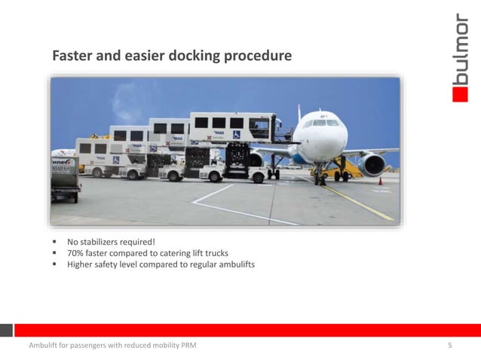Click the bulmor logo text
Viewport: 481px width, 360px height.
(x=459, y=49)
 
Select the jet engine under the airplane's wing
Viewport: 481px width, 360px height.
(x=373, y=163)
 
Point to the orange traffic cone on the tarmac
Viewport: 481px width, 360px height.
(x=380, y=181)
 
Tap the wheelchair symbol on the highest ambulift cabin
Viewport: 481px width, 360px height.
(x=237, y=135)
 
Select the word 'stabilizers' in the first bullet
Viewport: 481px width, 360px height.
(x=110, y=242)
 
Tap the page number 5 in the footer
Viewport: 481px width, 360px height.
(x=449, y=346)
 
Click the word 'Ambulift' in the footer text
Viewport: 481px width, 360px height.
(x=44, y=346)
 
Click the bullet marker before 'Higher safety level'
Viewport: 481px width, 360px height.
(x=55, y=264)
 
